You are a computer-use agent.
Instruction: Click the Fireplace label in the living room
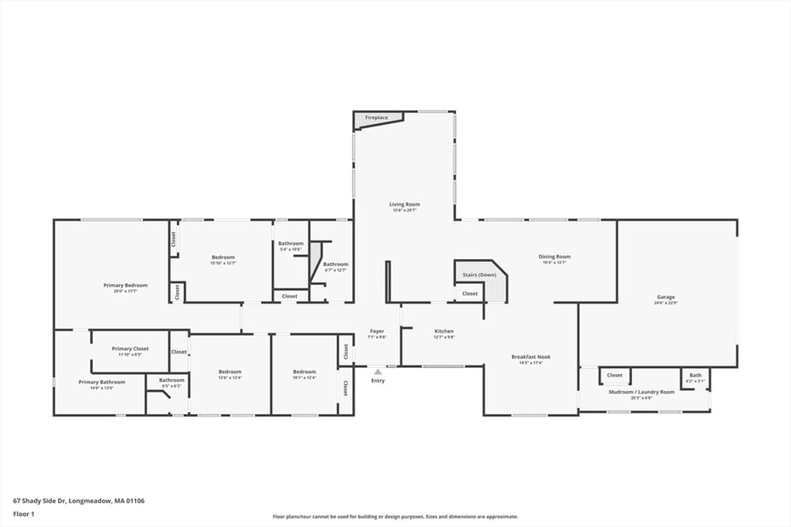pyautogui.click(x=377, y=117)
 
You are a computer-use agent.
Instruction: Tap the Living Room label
pyautogui.click(x=405, y=204)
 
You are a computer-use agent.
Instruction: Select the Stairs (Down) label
pyautogui.click(x=479, y=275)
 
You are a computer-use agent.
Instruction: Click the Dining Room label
pyautogui.click(x=555, y=256)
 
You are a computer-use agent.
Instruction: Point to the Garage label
pyautogui.click(x=665, y=297)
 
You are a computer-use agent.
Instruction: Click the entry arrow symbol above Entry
pyautogui.click(x=378, y=371)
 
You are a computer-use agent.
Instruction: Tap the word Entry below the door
pyautogui.click(x=378, y=380)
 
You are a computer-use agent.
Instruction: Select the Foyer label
pyautogui.click(x=377, y=331)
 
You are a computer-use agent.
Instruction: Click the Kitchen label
pyautogui.click(x=444, y=331)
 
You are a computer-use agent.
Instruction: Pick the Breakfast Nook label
pyautogui.click(x=531, y=356)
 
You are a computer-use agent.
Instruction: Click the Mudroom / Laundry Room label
pyautogui.click(x=641, y=391)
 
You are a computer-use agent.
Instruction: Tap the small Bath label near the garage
pyautogui.click(x=696, y=375)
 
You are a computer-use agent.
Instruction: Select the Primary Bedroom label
pyautogui.click(x=125, y=285)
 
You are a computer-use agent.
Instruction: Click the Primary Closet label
pyautogui.click(x=129, y=348)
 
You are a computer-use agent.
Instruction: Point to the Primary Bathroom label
pyautogui.click(x=101, y=382)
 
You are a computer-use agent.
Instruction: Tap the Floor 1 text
pyautogui.click(x=23, y=514)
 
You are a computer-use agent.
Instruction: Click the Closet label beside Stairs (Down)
pyautogui.click(x=469, y=293)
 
